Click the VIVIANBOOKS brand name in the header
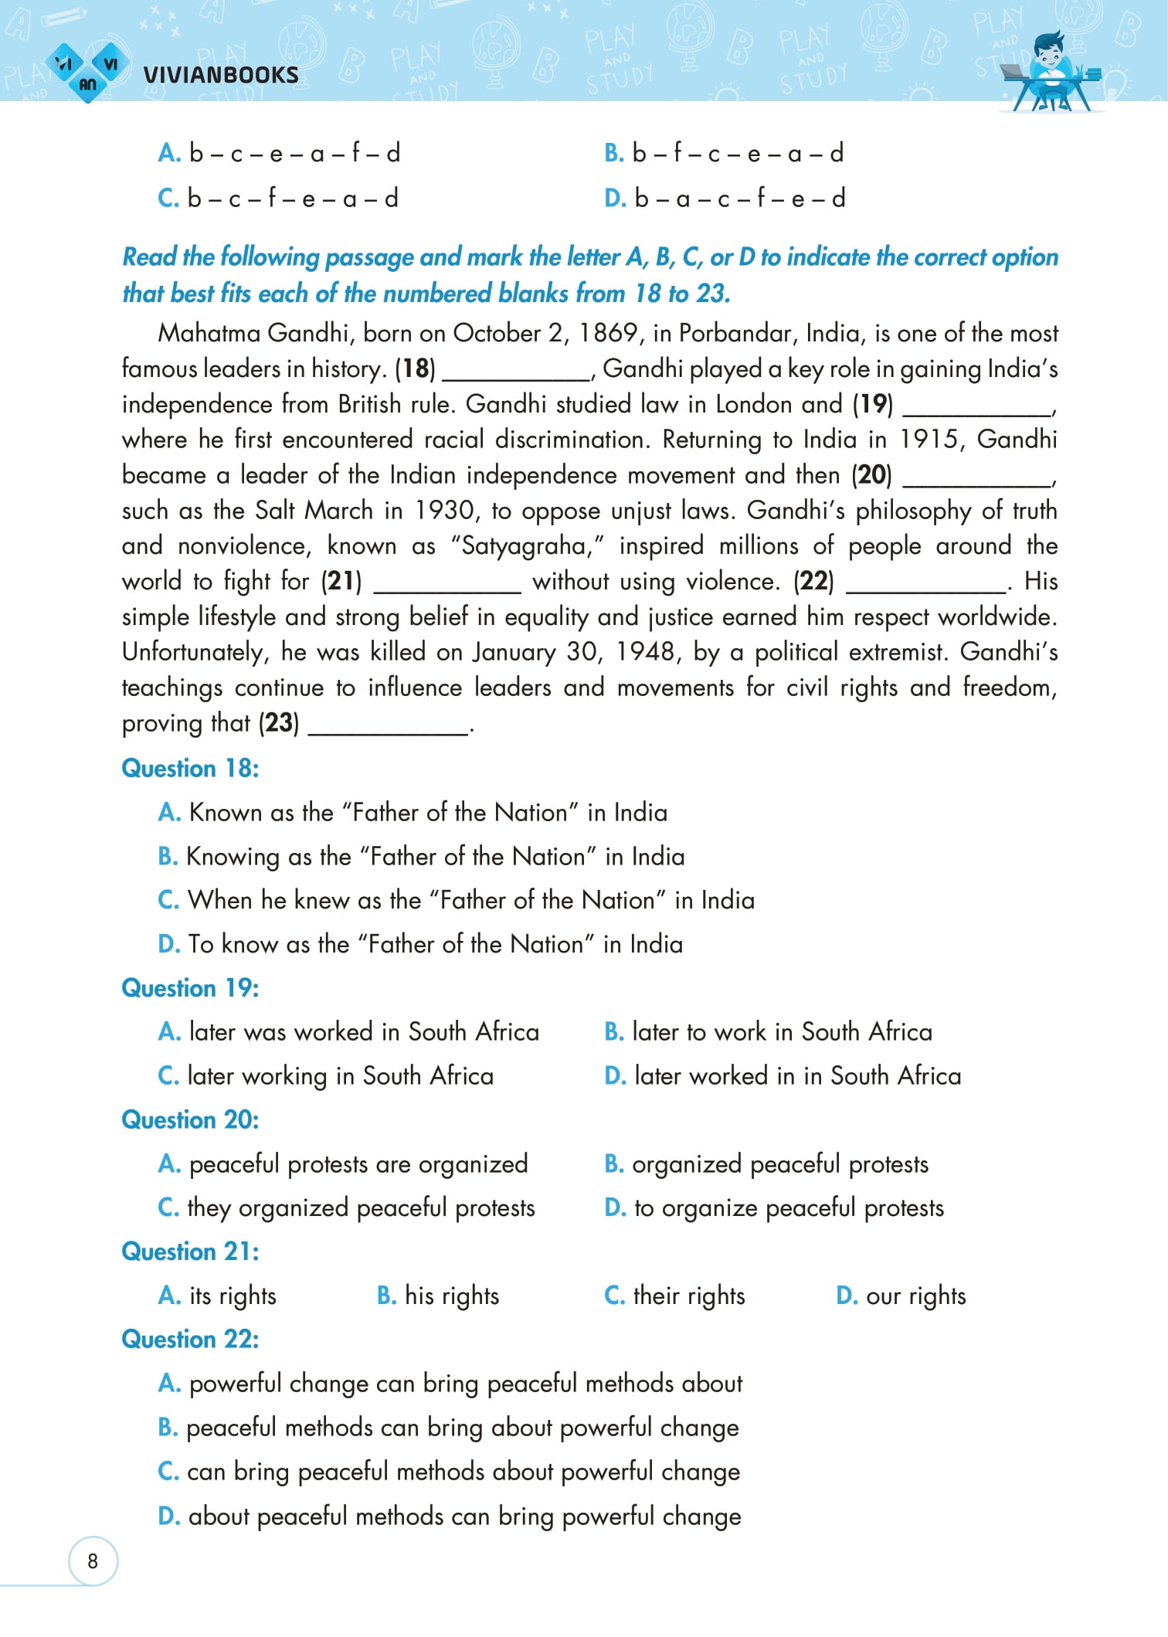coord(221,75)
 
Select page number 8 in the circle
coord(93,1561)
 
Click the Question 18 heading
coord(190,768)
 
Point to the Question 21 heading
coord(190,1252)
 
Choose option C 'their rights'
coord(674,1296)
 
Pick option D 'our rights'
coord(901,1296)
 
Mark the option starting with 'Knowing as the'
coord(421,857)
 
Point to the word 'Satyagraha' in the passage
coord(527,546)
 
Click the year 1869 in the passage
coord(609,333)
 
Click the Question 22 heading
coord(190,1339)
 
